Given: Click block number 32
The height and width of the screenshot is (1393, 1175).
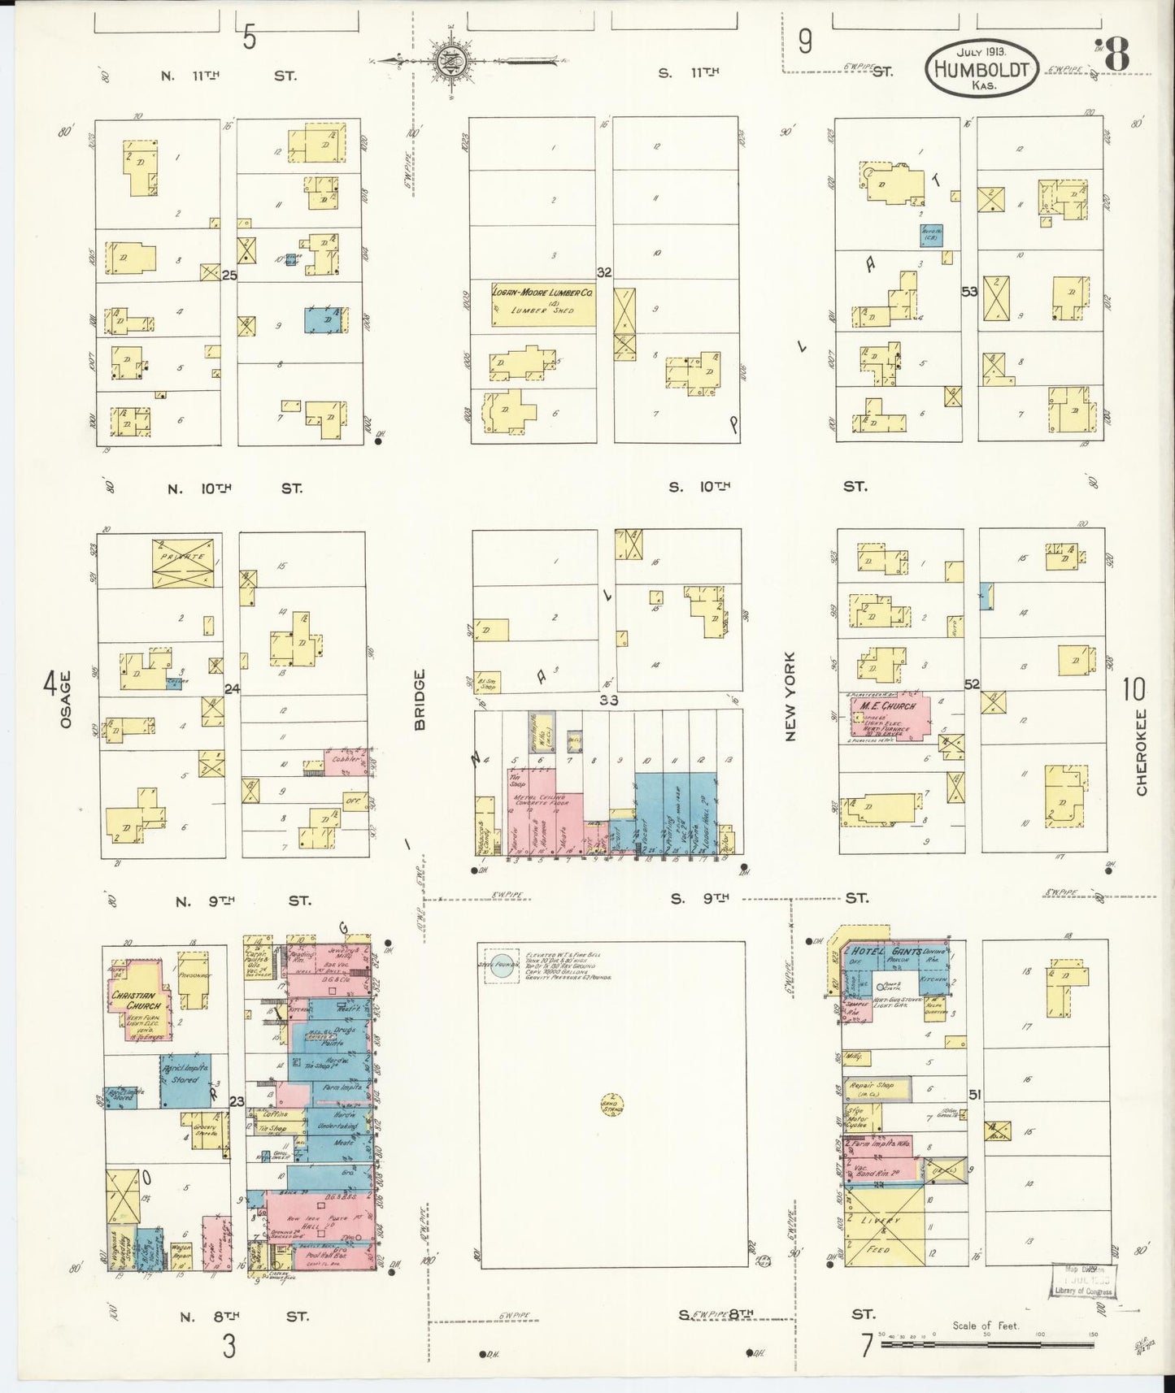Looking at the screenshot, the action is click(x=603, y=272).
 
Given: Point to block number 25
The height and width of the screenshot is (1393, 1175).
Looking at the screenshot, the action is click(x=229, y=276).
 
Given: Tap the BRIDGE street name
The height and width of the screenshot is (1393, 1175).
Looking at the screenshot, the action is click(x=420, y=700).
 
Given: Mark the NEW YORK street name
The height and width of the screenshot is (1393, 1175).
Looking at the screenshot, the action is click(x=790, y=697).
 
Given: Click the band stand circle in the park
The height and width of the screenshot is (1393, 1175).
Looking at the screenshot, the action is click(x=610, y=1105).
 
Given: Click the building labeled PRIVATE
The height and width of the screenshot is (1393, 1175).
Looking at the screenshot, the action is click(x=186, y=562).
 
